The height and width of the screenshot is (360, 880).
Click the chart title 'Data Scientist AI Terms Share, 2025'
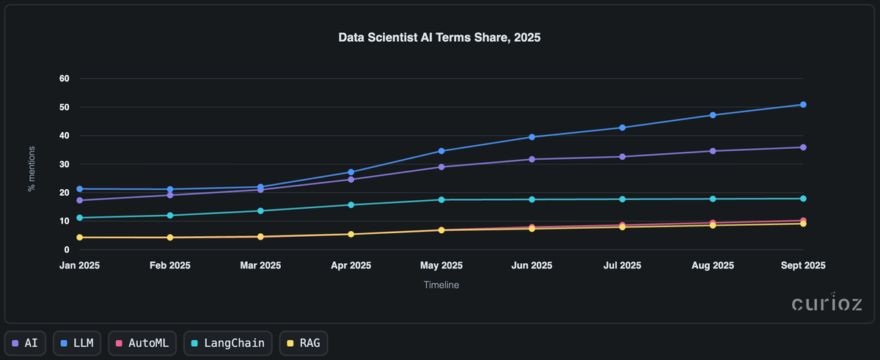click(x=439, y=37)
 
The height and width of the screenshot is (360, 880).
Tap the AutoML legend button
click(x=142, y=342)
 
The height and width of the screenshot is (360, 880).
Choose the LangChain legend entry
click(x=228, y=342)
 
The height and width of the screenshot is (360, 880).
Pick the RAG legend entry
click(x=304, y=342)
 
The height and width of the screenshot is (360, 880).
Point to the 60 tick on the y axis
click(x=65, y=78)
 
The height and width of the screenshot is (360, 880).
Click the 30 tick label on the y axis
click(x=65, y=164)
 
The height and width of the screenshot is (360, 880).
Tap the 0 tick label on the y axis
click(x=67, y=250)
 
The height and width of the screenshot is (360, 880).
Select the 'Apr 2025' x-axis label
click(x=351, y=265)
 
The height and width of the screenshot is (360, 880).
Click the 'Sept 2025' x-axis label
click(x=803, y=265)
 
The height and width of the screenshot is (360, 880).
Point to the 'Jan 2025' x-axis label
click(x=79, y=265)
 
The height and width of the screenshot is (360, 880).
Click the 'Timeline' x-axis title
click(x=441, y=284)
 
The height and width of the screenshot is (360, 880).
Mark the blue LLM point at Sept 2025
click(x=803, y=105)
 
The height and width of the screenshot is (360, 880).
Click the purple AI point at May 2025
click(x=441, y=167)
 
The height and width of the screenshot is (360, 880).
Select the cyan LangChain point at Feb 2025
click(x=170, y=216)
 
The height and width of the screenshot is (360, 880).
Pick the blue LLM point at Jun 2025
click(x=532, y=137)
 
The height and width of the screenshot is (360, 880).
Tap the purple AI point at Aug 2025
click(x=713, y=151)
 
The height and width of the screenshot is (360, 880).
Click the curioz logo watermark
click(x=826, y=304)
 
